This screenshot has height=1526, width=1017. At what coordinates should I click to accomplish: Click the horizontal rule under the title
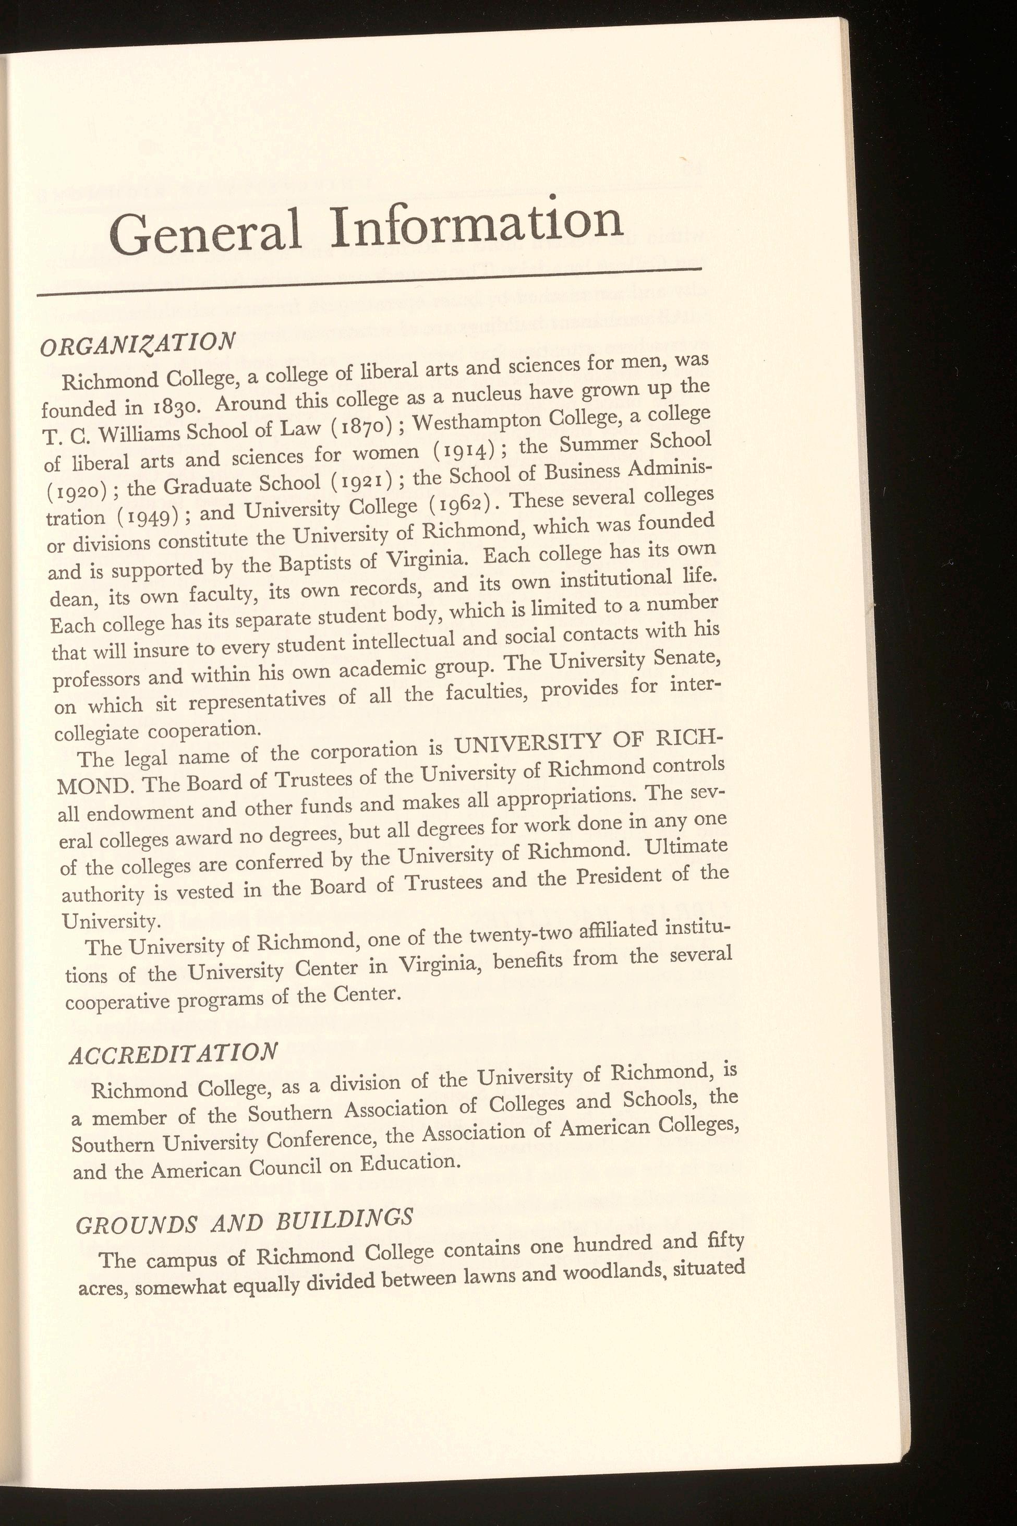(x=370, y=281)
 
